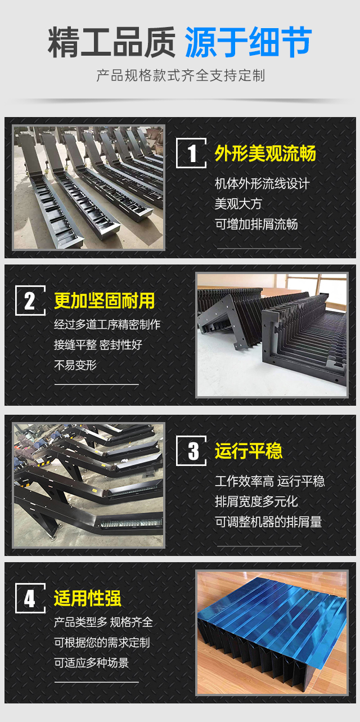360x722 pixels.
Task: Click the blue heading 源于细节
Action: click(x=249, y=42)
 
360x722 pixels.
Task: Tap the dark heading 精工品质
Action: click(x=112, y=42)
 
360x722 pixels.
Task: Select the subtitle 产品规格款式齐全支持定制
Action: click(x=181, y=75)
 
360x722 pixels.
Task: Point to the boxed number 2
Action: click(x=30, y=301)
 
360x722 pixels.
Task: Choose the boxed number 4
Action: click(x=30, y=598)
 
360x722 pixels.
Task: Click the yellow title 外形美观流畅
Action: click(x=265, y=153)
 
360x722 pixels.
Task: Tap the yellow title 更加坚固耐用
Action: click(x=105, y=301)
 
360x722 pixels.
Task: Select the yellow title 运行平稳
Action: click(x=249, y=451)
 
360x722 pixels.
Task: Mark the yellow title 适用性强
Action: click(x=88, y=598)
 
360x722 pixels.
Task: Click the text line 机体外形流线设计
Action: click(x=262, y=183)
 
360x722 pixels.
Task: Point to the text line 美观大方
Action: click(x=238, y=204)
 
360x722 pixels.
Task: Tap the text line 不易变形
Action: click(x=75, y=365)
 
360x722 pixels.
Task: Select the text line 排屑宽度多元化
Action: click(x=256, y=501)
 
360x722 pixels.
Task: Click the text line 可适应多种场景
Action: click(x=91, y=663)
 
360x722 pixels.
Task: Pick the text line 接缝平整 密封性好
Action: click(x=98, y=344)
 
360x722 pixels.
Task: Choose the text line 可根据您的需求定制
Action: click(x=102, y=643)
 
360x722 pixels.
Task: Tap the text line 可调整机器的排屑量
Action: click(x=268, y=522)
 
